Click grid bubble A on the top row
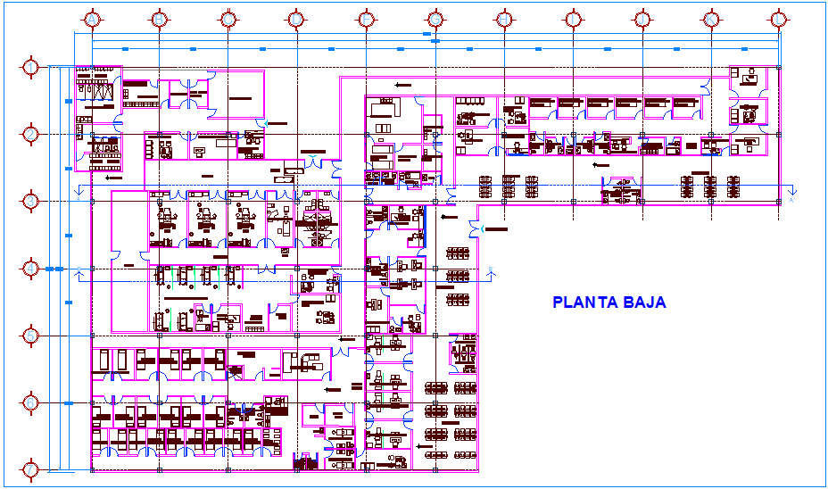tap(90, 19)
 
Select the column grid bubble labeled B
tap(159, 19)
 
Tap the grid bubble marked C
tap(228, 19)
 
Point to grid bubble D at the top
tap(296, 19)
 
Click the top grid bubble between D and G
tap(366, 19)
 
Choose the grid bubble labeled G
tap(435, 19)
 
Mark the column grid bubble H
tap(503, 19)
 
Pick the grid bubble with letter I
tap(572, 19)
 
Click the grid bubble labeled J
tap(642, 19)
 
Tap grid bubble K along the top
tap(710, 19)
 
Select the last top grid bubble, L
tap(779, 19)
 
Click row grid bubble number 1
tap(31, 67)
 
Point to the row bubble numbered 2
tap(31, 134)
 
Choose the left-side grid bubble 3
tap(31, 201)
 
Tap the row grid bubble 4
tap(31, 269)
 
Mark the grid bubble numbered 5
tap(31, 336)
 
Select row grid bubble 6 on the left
tap(31, 403)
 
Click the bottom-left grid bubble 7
tap(31, 469)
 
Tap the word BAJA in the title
tap(646, 303)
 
